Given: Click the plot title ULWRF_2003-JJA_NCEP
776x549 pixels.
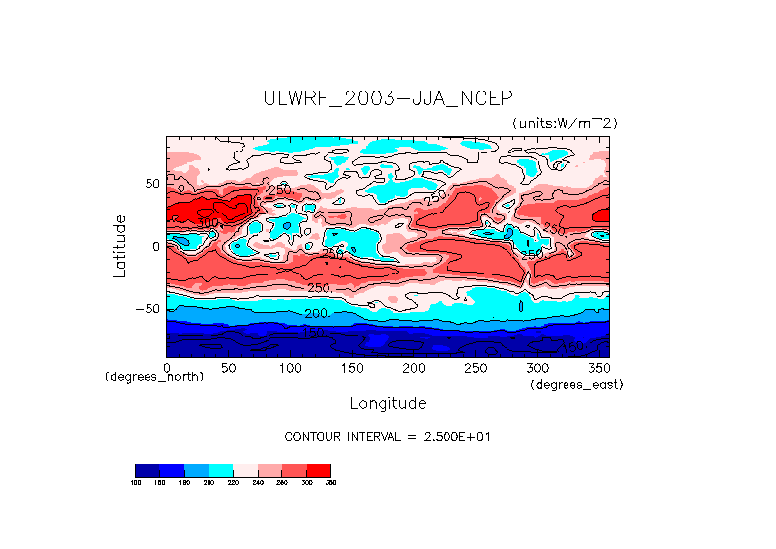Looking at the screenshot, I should click(388, 98).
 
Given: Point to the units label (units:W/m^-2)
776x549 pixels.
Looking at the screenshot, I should click(564, 122).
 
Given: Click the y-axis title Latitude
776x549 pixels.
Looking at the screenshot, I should click(119, 246).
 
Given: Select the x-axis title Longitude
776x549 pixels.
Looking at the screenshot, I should click(388, 403).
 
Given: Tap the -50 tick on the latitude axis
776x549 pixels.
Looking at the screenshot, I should click(147, 308).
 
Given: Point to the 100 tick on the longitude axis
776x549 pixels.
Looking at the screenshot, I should click(290, 368).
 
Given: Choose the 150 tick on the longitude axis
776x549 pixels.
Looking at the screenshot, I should click(352, 368).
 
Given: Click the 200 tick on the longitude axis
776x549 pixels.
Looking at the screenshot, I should click(413, 368).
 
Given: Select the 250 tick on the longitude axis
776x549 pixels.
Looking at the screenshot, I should click(475, 368).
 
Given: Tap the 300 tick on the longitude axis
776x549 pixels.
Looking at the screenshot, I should click(537, 368).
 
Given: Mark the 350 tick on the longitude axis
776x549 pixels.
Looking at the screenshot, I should click(598, 368).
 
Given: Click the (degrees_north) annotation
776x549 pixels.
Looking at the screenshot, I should click(154, 377).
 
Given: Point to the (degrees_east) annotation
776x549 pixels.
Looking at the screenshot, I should click(576, 384).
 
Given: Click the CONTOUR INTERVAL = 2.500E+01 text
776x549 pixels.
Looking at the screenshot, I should click(387, 436).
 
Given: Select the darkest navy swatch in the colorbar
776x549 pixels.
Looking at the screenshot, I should click(147, 470).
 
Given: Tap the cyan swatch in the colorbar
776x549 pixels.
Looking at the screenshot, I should click(220, 470).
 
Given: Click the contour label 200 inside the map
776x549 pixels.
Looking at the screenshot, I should click(316, 313).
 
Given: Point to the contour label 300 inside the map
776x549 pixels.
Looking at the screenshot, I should click(209, 223).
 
